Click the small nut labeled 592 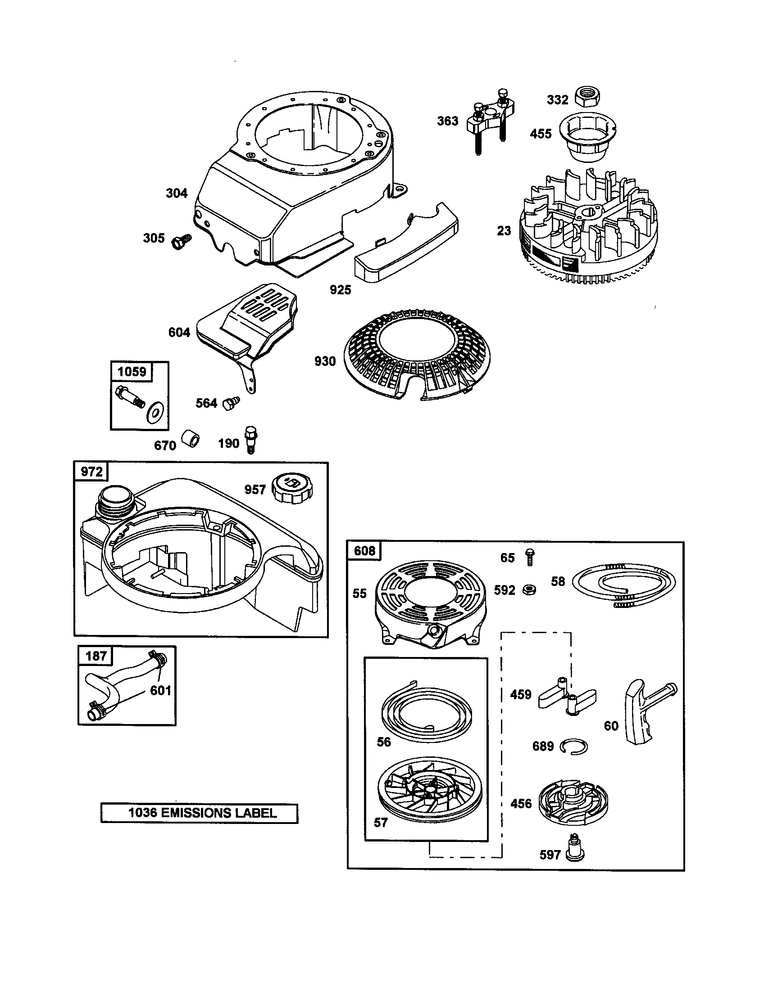point(528,590)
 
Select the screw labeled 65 point(529,557)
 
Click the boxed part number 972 point(91,472)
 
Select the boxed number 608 point(365,551)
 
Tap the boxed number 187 point(96,656)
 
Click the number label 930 point(325,361)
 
